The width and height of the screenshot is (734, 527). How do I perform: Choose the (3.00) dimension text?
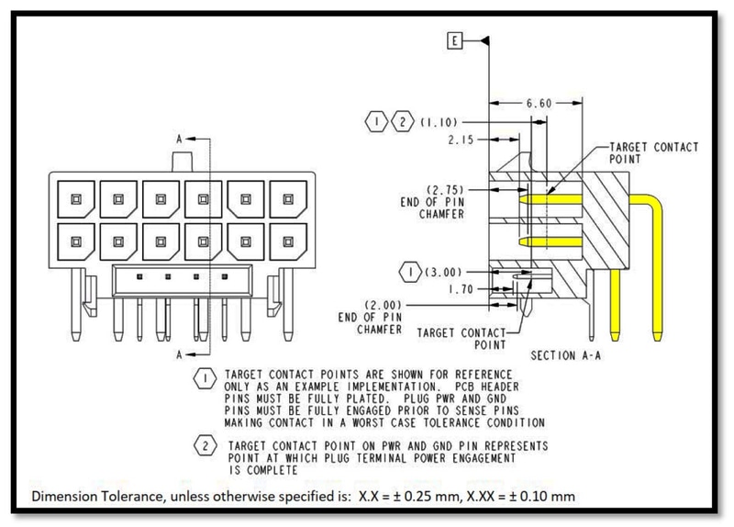pos(439,274)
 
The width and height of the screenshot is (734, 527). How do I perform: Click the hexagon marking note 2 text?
pos(204,446)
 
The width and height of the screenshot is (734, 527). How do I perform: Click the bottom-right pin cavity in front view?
pos(289,241)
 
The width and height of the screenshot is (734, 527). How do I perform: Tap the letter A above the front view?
pos(179,139)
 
